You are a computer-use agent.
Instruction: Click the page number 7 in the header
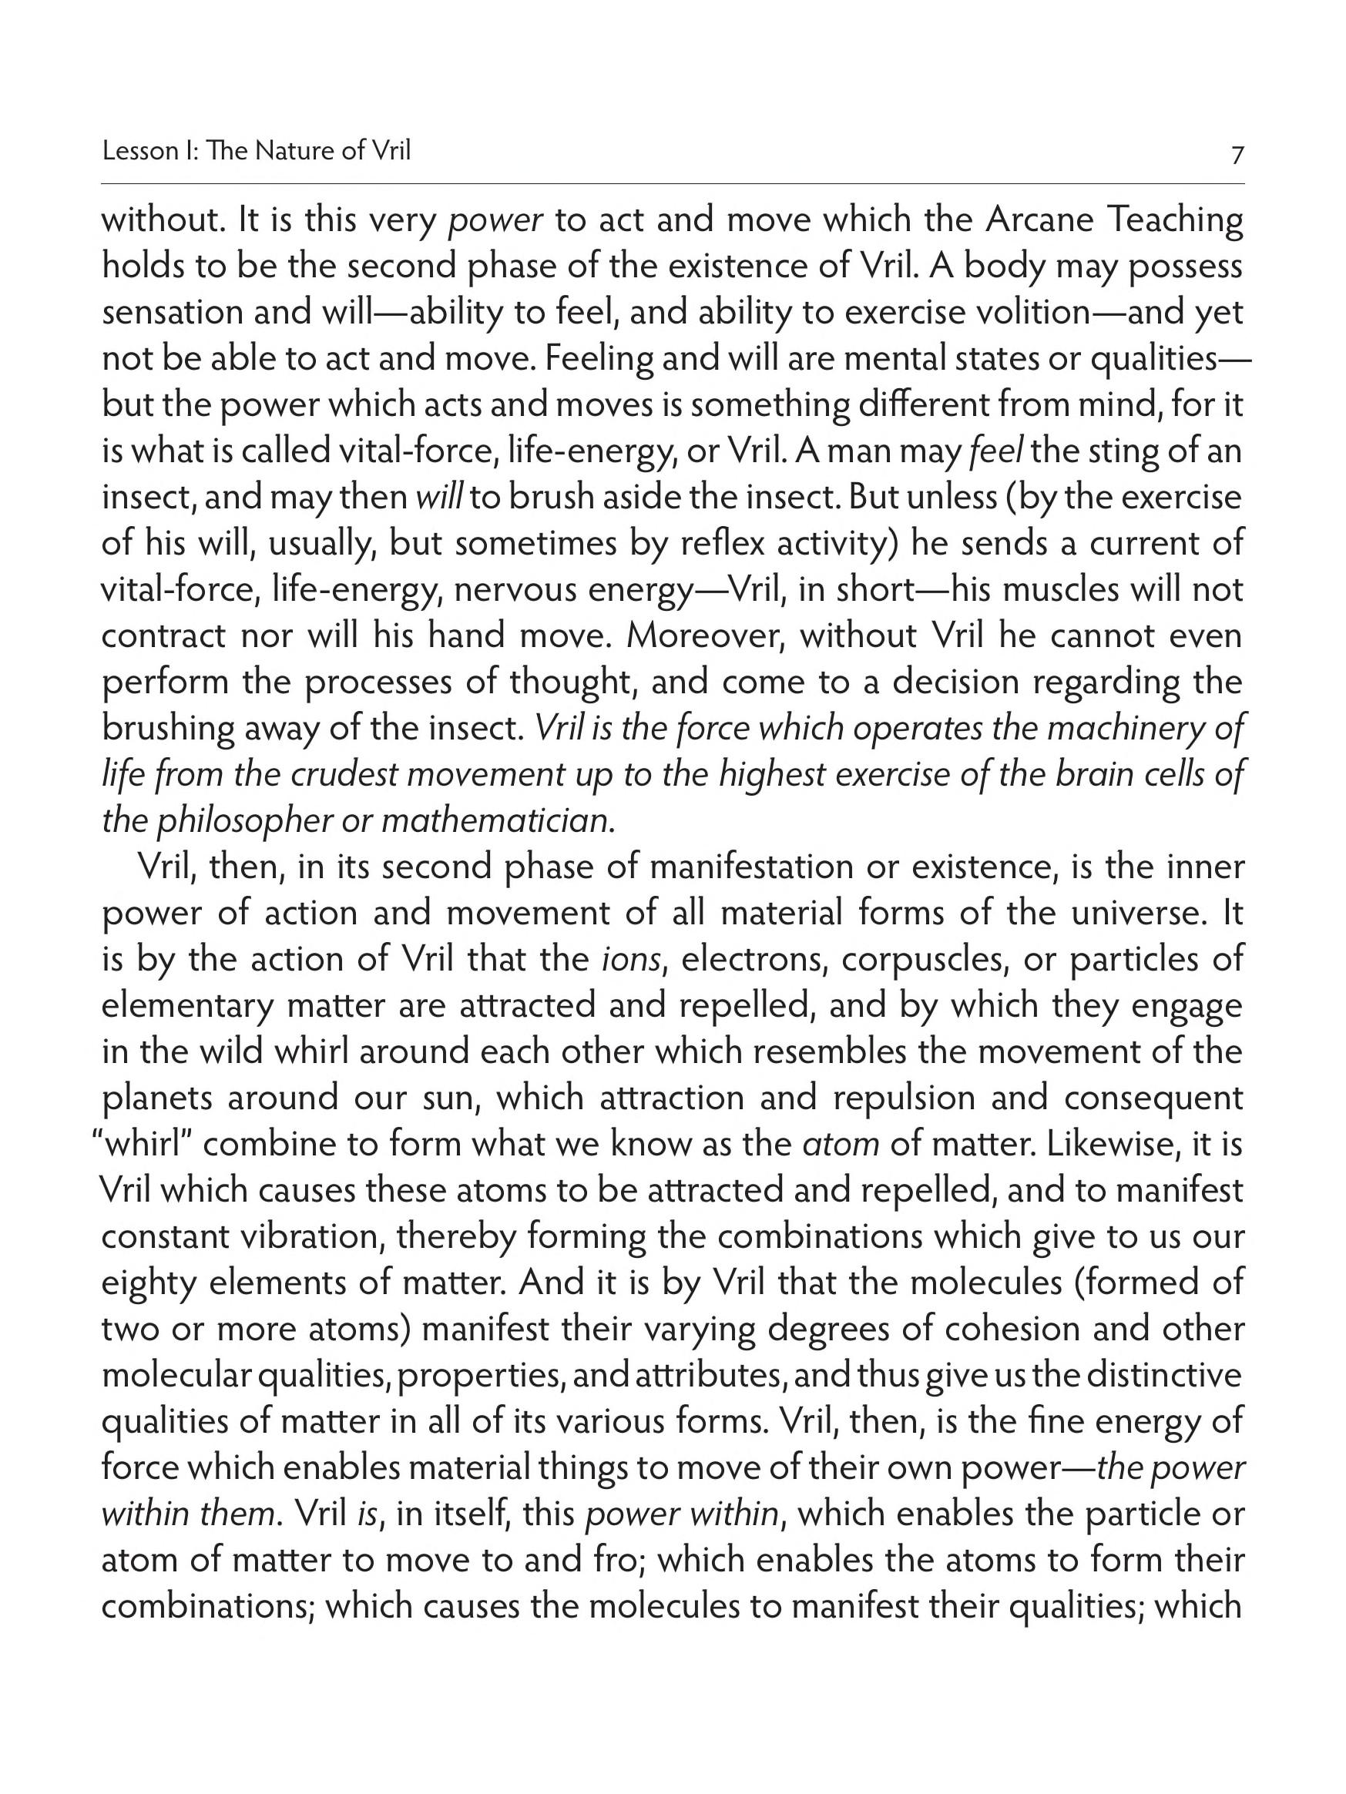1237,154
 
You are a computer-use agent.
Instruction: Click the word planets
157,1098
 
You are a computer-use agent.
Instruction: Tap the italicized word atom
840,1145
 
